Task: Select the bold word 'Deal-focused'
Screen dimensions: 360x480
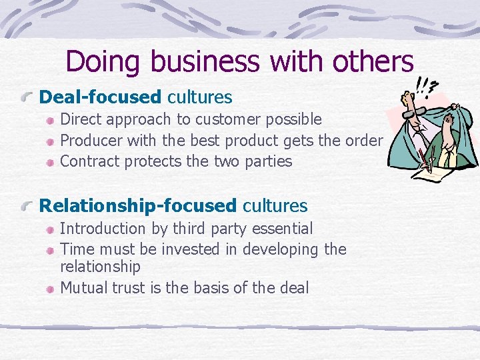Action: (101, 97)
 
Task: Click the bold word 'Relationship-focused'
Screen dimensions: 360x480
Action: (139, 206)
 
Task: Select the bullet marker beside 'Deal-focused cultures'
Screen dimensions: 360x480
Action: (27, 98)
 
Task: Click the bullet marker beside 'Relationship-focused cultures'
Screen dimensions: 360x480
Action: (27, 207)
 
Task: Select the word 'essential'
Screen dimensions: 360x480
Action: (280, 229)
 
